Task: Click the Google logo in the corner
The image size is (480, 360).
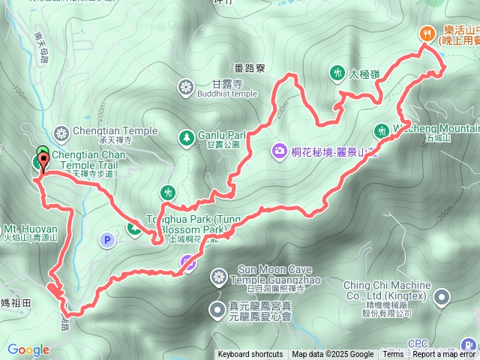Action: [28, 349]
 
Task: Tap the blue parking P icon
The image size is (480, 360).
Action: [106, 240]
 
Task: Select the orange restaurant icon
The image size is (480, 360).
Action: [426, 33]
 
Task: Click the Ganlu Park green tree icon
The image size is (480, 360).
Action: [185, 136]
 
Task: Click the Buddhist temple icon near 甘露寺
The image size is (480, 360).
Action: [185, 88]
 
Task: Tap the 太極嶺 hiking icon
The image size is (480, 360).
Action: [335, 73]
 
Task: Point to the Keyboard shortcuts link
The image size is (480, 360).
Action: [250, 355]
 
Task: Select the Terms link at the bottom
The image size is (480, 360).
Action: [393, 355]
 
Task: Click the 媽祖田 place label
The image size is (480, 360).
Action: [15, 302]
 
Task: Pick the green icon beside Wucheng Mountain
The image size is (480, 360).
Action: [381, 130]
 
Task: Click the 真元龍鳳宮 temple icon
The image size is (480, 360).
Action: [216, 308]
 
